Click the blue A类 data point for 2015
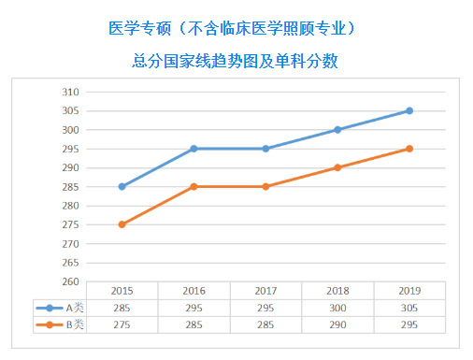122,187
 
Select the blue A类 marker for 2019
409,110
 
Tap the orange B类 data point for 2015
122,224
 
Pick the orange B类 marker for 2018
337,167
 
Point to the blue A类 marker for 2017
265,149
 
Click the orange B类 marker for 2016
193,187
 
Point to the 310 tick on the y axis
69,92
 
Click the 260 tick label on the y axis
69,281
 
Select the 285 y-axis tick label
69,187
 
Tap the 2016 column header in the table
193,290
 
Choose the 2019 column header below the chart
409,290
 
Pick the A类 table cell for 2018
337,308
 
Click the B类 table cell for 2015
122,324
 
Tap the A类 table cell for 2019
409,308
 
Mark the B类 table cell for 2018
337,324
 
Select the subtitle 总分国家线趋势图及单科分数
235,62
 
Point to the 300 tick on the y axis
69,130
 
